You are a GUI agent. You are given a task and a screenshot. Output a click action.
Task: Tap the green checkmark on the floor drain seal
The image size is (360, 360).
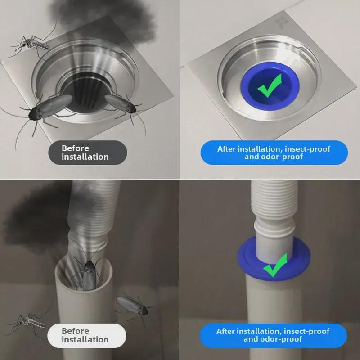pos(270,85)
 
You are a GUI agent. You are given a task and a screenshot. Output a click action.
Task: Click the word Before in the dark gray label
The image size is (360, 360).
pos(75,148)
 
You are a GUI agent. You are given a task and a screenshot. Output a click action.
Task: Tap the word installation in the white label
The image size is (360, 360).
pos(85,339)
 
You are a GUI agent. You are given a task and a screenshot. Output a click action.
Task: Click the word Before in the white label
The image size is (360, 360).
pos(75,331)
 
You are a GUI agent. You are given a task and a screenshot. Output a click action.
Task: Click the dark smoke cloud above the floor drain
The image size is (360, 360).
pos(103,21)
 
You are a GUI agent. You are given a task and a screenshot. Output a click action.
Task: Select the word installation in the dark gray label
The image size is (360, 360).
pos(85,157)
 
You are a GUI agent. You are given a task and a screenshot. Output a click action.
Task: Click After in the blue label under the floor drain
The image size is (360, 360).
pos(226,149)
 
